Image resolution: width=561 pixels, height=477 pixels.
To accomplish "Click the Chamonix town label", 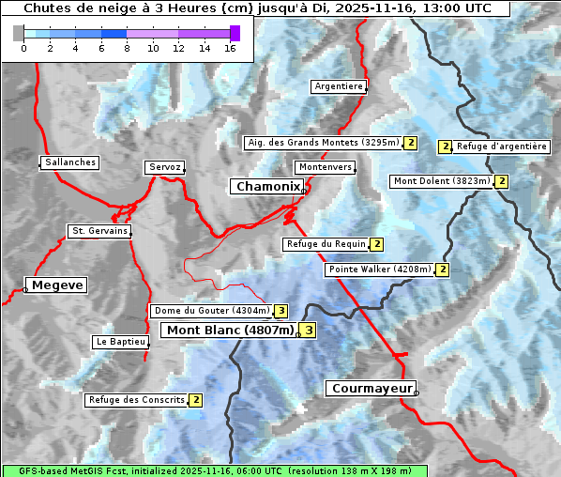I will pos(267,187).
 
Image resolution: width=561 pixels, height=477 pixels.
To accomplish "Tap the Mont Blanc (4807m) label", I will pos(230,331).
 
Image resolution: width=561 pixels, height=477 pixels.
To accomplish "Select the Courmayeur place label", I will pos(371,388).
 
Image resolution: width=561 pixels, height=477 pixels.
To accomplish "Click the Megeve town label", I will pos(56,285).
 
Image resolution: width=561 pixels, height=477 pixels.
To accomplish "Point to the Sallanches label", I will pos(70,162).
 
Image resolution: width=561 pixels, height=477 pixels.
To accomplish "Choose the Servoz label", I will pos(164,167).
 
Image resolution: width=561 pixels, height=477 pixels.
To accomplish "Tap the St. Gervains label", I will pos(99,231).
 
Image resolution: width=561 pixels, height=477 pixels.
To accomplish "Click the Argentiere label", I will pos(339,86).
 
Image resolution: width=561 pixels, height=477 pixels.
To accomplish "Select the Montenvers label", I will pos(326,167).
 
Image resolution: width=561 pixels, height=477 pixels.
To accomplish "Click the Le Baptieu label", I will pos(120,342).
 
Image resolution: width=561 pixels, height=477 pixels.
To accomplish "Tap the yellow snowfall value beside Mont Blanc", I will pos(308,331).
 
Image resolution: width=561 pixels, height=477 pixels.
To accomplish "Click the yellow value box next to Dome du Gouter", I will pos(280,311).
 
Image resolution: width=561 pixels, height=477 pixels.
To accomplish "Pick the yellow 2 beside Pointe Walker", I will pos(443,269).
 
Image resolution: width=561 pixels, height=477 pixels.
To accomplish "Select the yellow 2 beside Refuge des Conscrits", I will pos(196,400).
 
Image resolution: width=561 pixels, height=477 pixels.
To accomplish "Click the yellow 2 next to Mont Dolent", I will pos(502,181).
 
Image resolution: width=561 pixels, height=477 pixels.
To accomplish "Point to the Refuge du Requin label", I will pos(326,244).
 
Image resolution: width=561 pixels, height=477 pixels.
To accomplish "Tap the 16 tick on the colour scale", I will pos(230,48).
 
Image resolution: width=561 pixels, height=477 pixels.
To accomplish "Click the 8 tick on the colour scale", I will pos(127,48).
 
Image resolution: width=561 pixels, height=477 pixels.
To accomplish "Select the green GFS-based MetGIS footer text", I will pos(214,470).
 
